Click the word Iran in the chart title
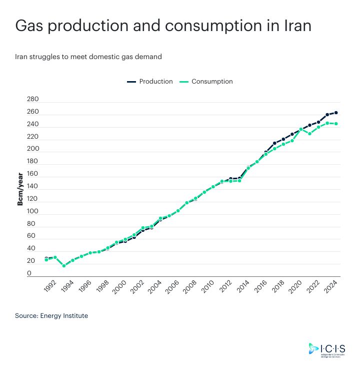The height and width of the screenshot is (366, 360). (x=294, y=26)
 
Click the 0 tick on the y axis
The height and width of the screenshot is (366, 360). (x=29, y=273)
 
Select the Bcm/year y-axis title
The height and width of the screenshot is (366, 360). (x=20, y=189)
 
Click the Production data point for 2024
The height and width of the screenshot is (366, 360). (x=336, y=113)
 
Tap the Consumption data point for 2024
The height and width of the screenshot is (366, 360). (x=336, y=124)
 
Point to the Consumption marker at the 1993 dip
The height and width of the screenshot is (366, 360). (x=64, y=266)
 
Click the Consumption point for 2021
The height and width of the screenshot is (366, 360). (x=310, y=134)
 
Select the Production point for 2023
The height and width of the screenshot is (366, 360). (x=327, y=115)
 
